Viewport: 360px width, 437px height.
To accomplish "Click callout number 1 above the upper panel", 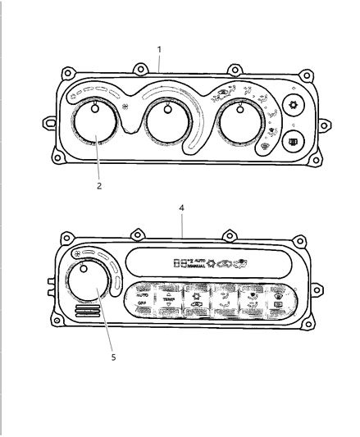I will click(159, 49).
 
